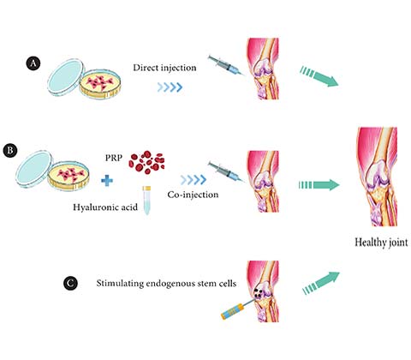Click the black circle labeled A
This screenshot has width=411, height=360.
33,63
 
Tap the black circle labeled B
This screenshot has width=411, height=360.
10,150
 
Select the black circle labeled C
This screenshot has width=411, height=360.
70,283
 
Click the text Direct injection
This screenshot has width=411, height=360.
164,68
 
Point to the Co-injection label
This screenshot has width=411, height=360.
193,195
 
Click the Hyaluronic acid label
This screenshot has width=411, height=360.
105,207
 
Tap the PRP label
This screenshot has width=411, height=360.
114,158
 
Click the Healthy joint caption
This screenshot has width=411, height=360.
381,243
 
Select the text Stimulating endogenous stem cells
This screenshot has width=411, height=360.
166,284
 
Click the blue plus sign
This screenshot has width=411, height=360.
107,181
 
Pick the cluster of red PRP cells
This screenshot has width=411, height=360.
146,162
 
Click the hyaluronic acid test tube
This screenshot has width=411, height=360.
146,201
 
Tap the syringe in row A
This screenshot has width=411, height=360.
225,66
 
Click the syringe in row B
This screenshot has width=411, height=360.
226,172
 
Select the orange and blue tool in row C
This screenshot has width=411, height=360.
237,309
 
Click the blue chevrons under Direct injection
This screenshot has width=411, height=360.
170,87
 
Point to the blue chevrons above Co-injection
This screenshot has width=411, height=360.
194,180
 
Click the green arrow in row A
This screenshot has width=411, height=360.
319,75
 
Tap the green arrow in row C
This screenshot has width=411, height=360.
321,283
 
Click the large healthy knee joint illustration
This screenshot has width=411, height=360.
377,177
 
